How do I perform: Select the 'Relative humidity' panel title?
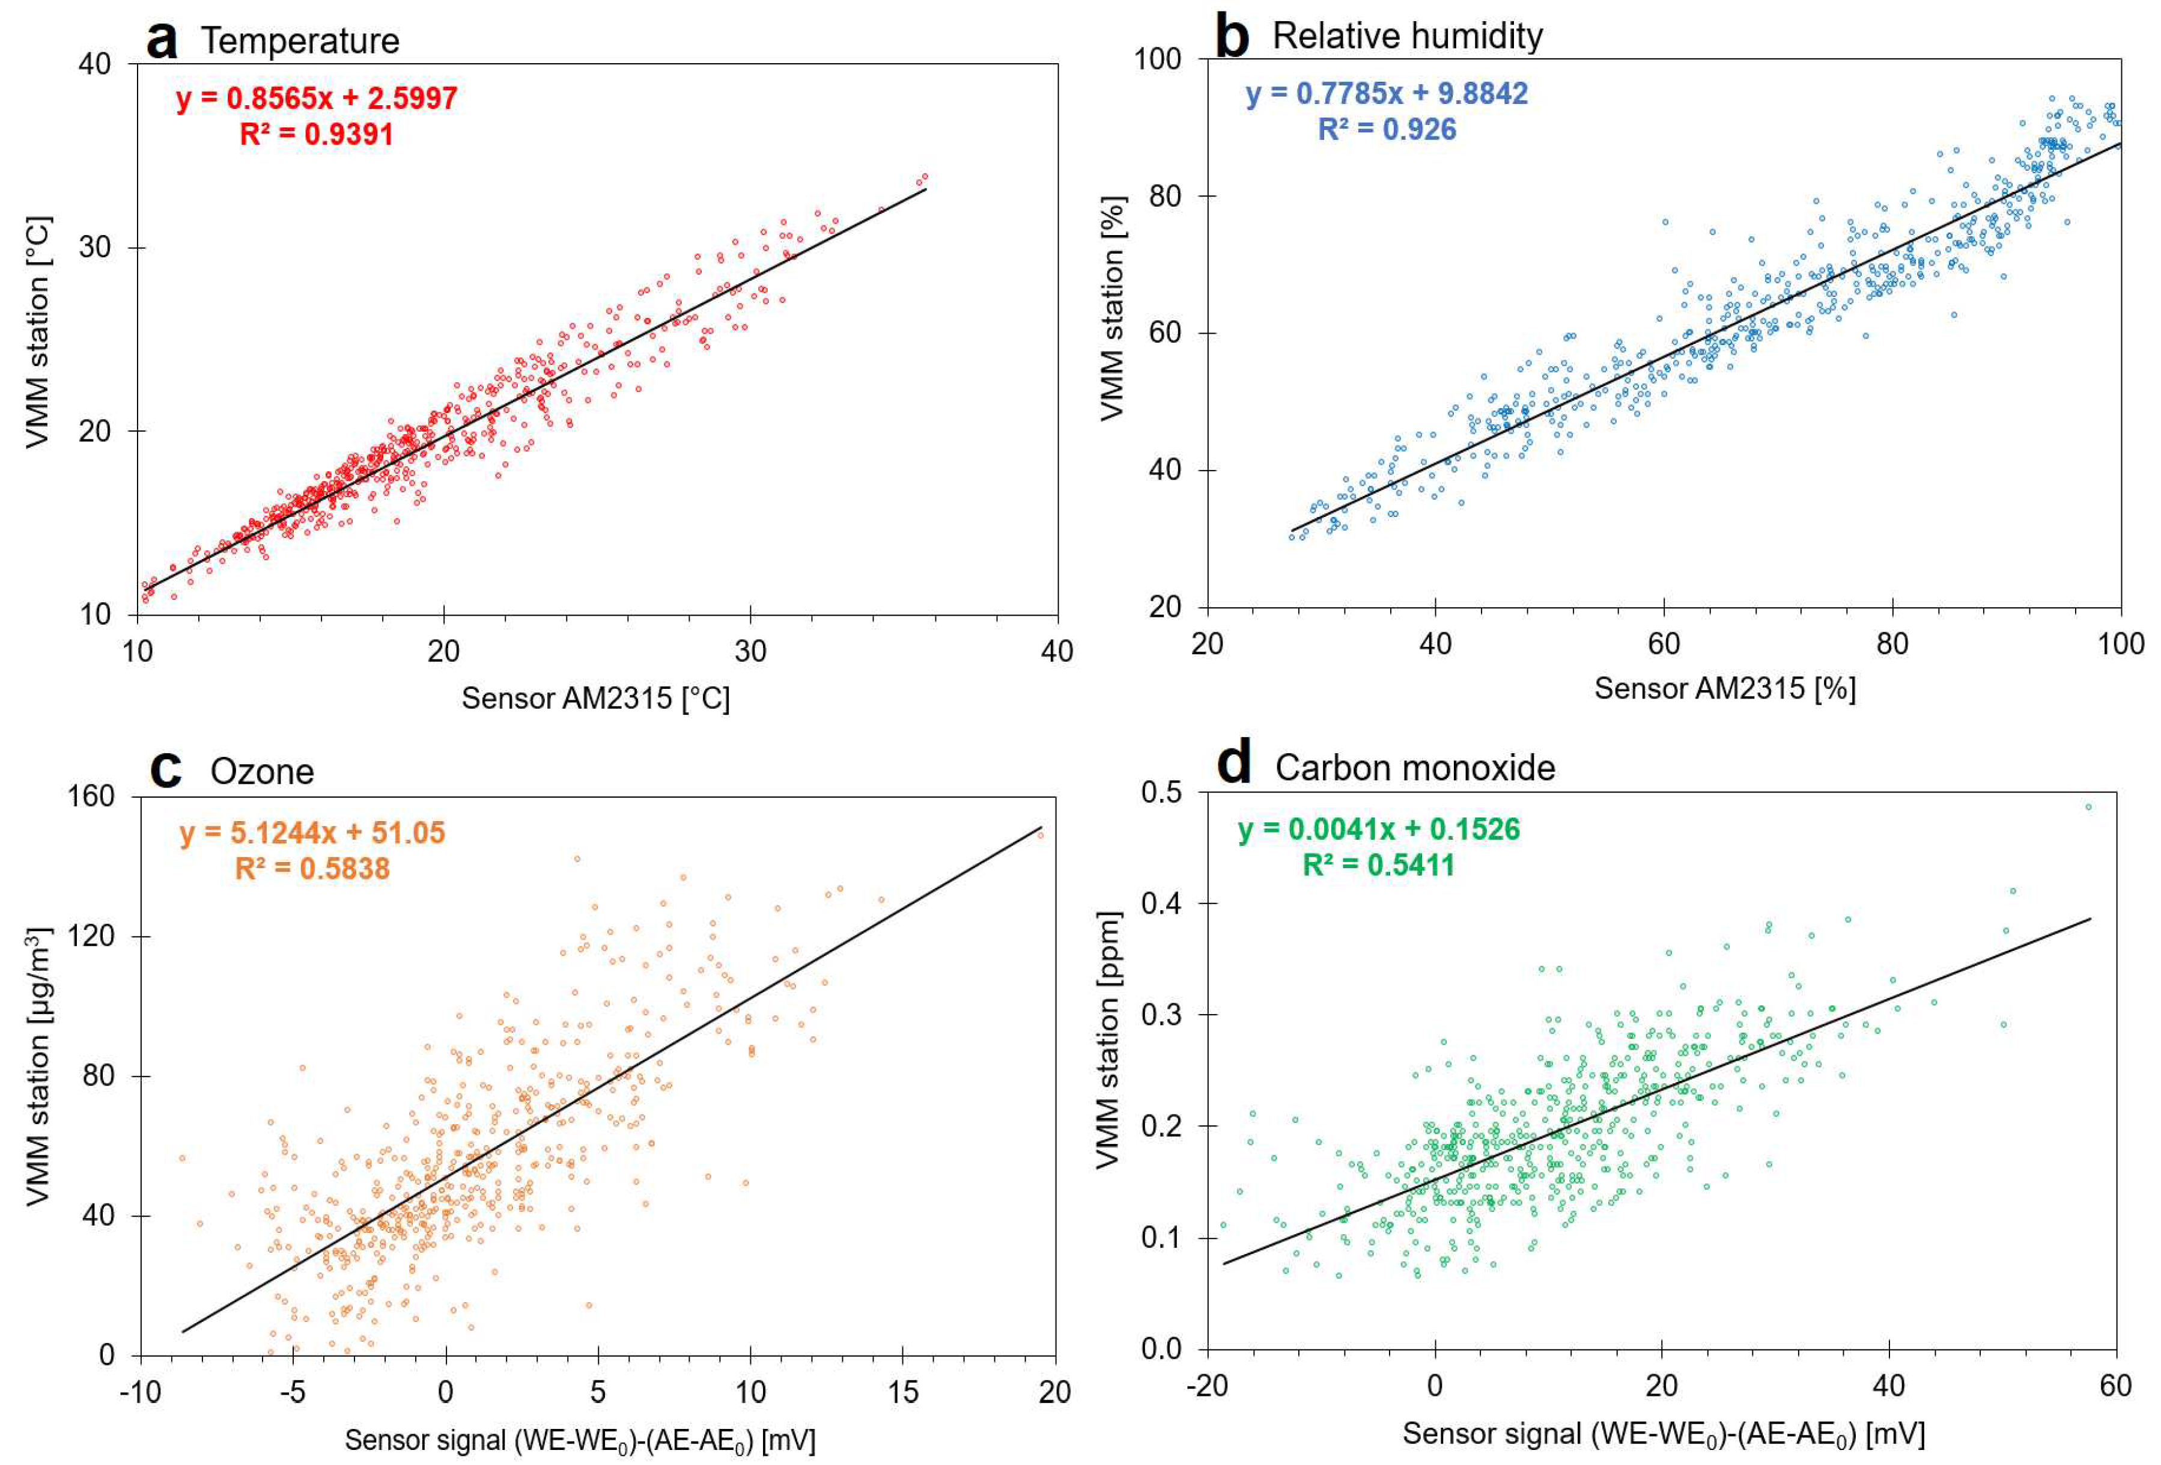click(x=1407, y=36)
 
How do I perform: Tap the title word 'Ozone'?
click(x=261, y=772)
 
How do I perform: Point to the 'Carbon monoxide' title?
click(x=1414, y=768)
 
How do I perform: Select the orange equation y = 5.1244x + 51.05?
click(x=312, y=833)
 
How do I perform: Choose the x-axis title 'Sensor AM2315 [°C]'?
click(x=595, y=699)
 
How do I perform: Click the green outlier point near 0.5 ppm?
click(x=2088, y=807)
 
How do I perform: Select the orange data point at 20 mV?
click(x=1041, y=835)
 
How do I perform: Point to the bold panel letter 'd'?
click(x=1234, y=765)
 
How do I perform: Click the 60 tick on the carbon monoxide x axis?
click(x=2115, y=1386)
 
